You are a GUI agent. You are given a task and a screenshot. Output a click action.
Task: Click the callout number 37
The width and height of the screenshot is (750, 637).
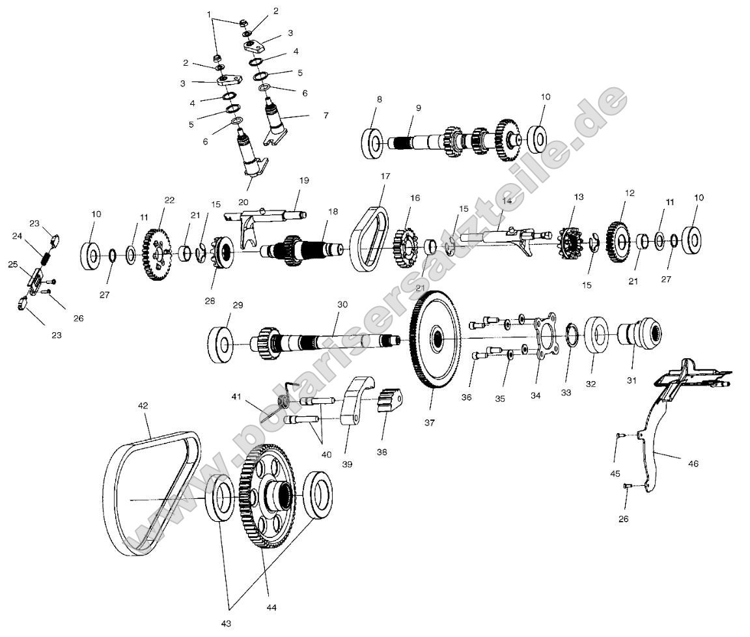click(x=429, y=423)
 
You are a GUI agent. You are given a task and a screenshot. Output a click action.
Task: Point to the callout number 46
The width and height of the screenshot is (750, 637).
click(x=693, y=464)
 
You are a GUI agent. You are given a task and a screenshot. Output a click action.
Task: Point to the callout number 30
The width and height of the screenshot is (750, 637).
click(x=342, y=304)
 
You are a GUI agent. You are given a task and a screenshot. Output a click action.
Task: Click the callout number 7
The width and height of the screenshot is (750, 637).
click(x=326, y=115)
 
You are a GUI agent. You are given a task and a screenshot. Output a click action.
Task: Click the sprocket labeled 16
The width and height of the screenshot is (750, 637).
click(x=406, y=247)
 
